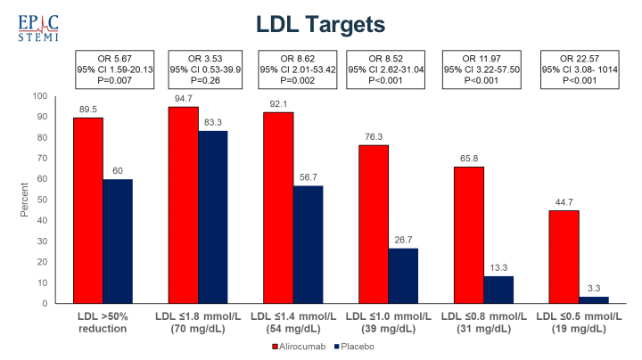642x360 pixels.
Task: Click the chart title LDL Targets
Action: click(x=321, y=23)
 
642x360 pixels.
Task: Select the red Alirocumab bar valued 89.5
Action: click(x=88, y=210)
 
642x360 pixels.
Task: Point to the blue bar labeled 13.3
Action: click(x=499, y=290)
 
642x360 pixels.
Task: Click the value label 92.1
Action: click(x=278, y=103)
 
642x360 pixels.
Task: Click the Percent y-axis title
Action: click(x=24, y=200)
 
